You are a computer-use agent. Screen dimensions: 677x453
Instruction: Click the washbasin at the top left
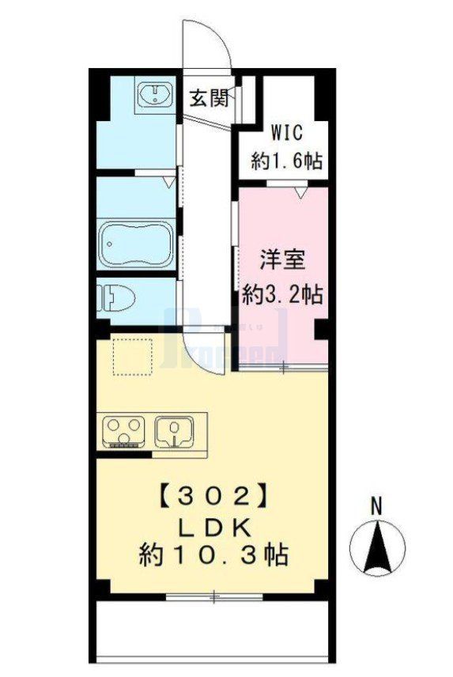tap(157, 96)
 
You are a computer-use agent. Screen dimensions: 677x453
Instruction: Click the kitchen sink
tap(176, 431)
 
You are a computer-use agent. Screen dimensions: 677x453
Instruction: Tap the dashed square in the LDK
tap(132, 357)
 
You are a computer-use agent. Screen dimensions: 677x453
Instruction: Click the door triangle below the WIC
tap(299, 191)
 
